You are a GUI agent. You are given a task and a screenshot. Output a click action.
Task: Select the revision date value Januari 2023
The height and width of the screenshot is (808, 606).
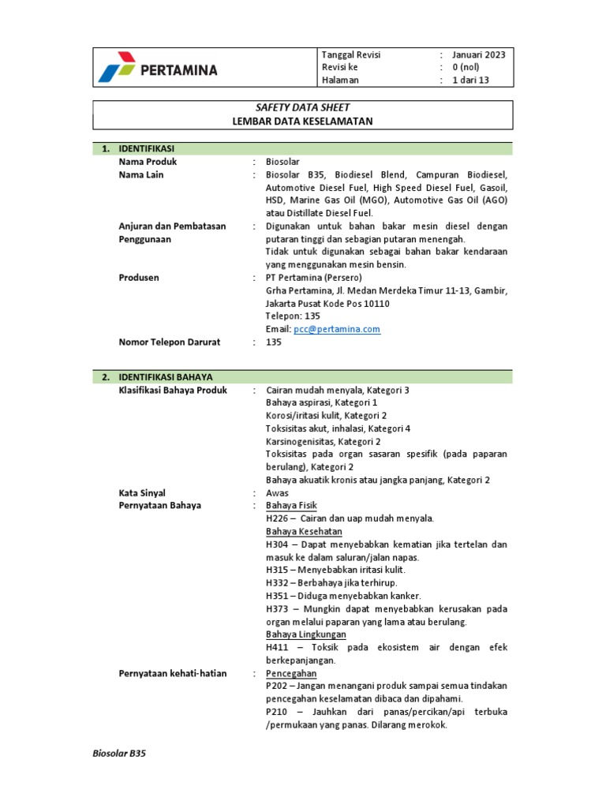click(x=478, y=54)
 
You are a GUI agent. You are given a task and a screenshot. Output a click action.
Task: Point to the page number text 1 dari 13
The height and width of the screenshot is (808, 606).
click(x=471, y=80)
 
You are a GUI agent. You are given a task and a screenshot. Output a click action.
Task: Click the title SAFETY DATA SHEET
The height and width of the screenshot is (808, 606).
click(x=303, y=107)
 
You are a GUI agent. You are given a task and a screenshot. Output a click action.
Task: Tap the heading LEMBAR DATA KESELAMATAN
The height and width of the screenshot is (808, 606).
click(x=303, y=121)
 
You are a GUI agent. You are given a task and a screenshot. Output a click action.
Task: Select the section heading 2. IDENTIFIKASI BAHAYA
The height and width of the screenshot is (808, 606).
click(x=165, y=377)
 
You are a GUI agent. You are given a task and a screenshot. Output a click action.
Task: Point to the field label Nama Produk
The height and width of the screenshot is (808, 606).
click(x=148, y=162)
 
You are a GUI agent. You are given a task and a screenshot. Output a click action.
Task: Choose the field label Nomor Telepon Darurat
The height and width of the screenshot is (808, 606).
click(x=169, y=342)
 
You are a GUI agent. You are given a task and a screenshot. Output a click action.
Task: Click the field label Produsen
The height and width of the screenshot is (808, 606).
click(x=139, y=278)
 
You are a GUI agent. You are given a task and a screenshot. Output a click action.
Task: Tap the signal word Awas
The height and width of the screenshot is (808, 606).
click(x=278, y=492)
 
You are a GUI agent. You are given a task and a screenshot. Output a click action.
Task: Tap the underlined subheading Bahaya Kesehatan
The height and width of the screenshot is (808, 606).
click(x=304, y=531)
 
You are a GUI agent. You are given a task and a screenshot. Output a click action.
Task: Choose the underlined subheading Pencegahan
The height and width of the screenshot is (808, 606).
click(x=291, y=673)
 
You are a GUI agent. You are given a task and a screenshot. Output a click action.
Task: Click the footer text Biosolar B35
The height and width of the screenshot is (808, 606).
click(x=120, y=754)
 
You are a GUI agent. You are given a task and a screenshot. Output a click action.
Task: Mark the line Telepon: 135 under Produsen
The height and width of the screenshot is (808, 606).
click(x=293, y=316)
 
